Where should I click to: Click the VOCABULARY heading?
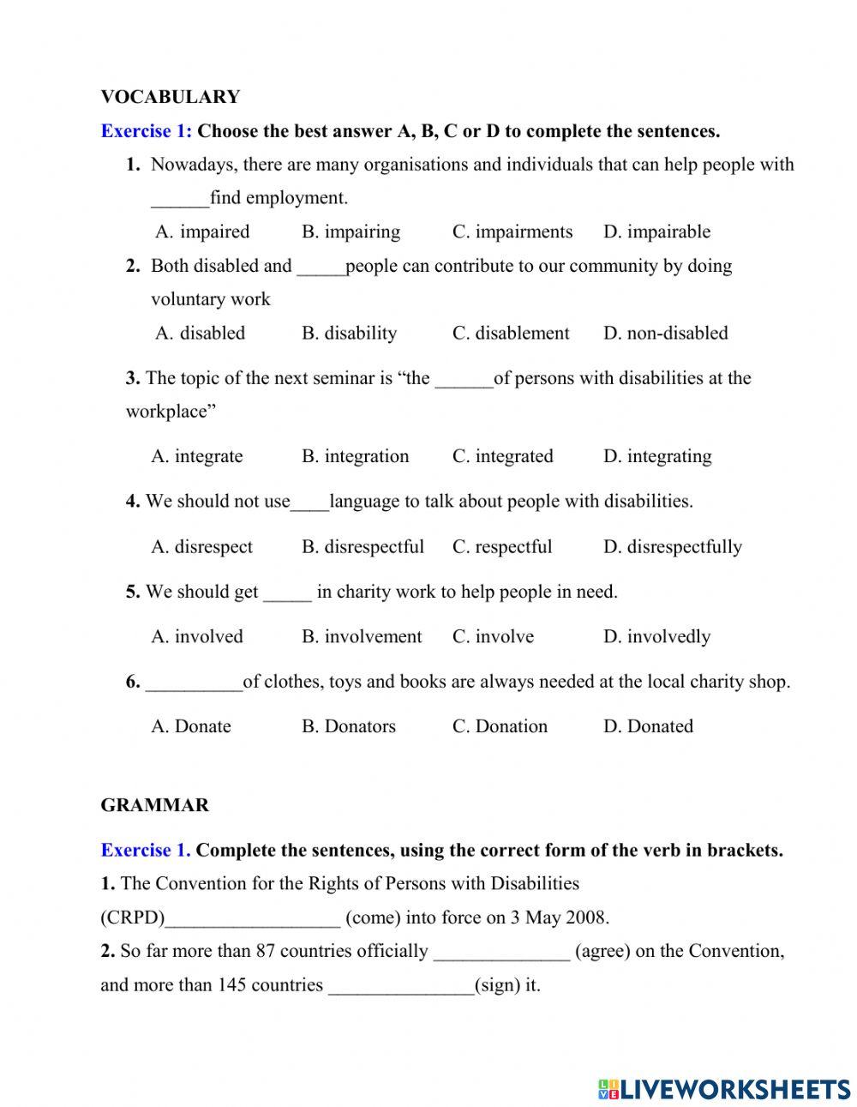click(170, 97)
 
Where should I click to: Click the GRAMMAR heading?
click(154, 805)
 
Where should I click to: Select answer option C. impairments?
click(512, 232)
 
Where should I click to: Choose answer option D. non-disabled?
click(665, 333)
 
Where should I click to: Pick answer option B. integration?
click(355, 456)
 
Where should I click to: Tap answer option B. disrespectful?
click(363, 546)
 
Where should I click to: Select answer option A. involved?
click(197, 636)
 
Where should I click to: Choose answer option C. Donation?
click(500, 726)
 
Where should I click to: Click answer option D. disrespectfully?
click(672, 546)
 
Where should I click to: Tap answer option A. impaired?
click(202, 232)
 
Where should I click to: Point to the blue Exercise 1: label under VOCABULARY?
click(146, 131)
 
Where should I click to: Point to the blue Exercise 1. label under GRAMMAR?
click(145, 851)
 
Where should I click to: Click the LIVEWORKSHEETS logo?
click(724, 1089)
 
